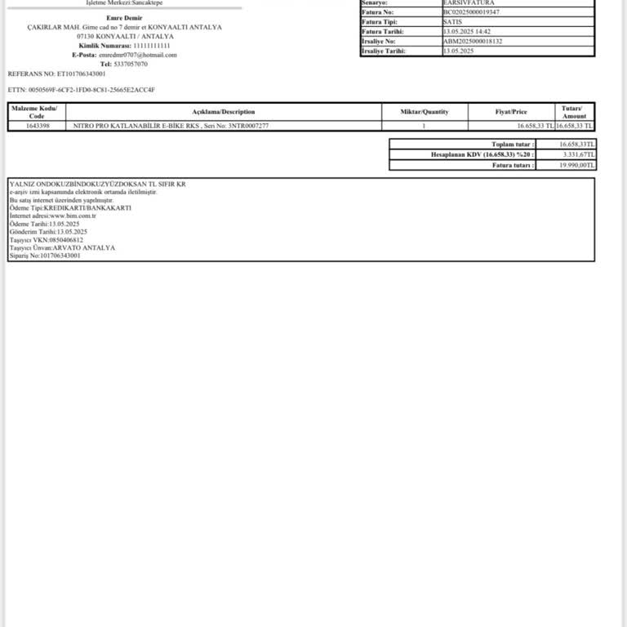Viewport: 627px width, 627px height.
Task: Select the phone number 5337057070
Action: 131,64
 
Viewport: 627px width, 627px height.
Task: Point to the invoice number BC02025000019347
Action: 471,12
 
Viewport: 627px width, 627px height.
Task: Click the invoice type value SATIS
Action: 452,22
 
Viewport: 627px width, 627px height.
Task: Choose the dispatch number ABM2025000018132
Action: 473,41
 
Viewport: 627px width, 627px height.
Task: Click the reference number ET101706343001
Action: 81,73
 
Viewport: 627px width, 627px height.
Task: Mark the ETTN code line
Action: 81,89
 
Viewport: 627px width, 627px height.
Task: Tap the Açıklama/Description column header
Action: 223,112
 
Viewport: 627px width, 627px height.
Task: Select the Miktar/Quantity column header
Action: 424,112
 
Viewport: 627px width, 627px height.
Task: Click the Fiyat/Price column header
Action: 511,112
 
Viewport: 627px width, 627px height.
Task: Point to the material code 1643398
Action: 37,126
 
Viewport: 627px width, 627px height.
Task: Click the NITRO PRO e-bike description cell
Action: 171,126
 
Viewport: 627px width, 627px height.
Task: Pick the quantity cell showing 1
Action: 424,126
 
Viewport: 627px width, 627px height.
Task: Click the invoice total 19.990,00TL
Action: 578,165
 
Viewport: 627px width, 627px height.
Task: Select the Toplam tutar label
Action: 514,144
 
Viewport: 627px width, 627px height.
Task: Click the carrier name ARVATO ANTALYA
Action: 85,247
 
